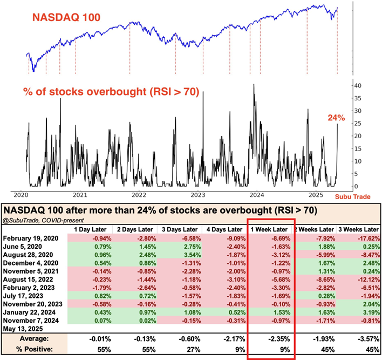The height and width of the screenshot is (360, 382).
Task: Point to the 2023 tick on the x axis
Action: pyautogui.click(x=198, y=195)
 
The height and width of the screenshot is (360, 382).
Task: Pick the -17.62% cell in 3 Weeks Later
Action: pyautogui.click(x=358, y=238)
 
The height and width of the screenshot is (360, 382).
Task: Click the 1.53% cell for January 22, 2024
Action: pyautogui.click(x=277, y=311)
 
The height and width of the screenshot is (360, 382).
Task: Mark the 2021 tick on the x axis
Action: pyautogui.click(x=80, y=195)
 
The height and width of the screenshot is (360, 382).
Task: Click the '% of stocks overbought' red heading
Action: pyautogui.click(x=111, y=92)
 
